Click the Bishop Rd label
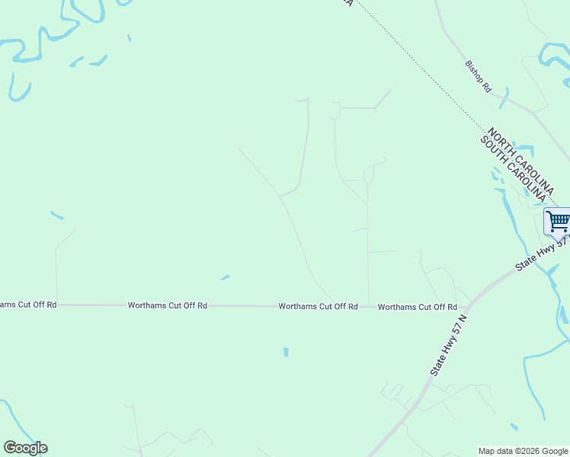pos(479,76)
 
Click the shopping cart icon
pos(558,222)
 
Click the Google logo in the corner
pos(25,448)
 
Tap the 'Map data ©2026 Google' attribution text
pos(523,452)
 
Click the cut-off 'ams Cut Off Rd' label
pos(28,305)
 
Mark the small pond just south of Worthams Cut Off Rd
pos(286,352)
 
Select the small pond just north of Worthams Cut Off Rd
pos(225,277)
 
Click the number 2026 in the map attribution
pos(527,452)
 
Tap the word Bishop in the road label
pos(473,69)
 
